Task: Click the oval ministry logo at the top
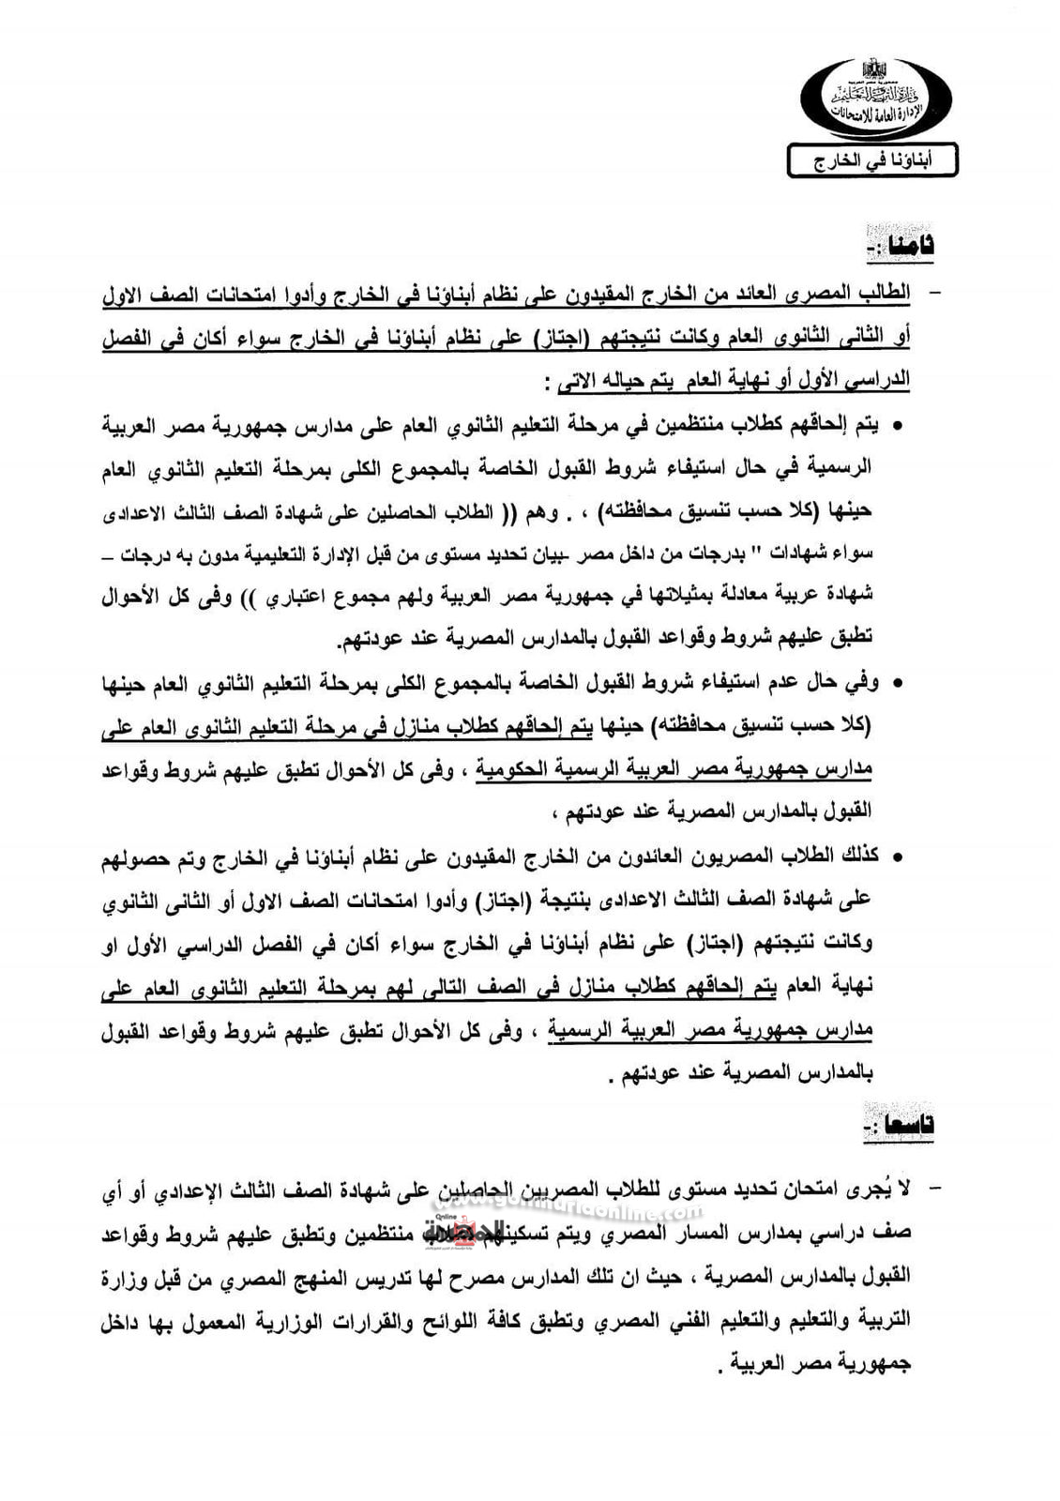click(x=876, y=99)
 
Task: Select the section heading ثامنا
click(x=901, y=246)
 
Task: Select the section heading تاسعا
click(x=900, y=1125)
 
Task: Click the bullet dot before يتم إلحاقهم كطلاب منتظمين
click(x=897, y=427)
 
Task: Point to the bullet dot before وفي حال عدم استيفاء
click(x=897, y=686)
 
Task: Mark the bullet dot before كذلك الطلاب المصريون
click(x=897, y=857)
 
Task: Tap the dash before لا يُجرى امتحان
click(x=932, y=1190)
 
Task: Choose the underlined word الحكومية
click(x=511, y=770)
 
